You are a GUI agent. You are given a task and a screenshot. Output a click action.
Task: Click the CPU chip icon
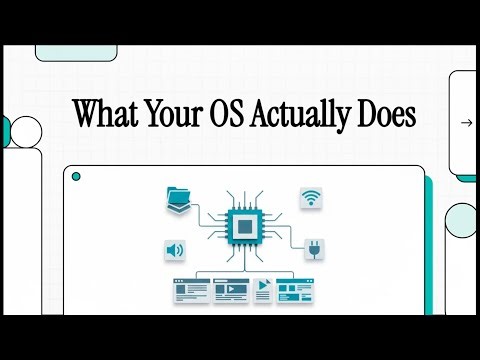[240, 228]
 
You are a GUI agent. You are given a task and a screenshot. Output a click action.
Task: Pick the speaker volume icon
[176, 249]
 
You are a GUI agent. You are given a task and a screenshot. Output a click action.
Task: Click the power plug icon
[310, 247]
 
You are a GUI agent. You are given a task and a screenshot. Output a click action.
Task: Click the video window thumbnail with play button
[230, 291]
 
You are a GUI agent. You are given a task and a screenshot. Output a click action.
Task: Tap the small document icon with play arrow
[263, 290]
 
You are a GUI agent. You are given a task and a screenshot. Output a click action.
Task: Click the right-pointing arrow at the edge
[466, 123]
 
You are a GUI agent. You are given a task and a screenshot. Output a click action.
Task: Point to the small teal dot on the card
[76, 177]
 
